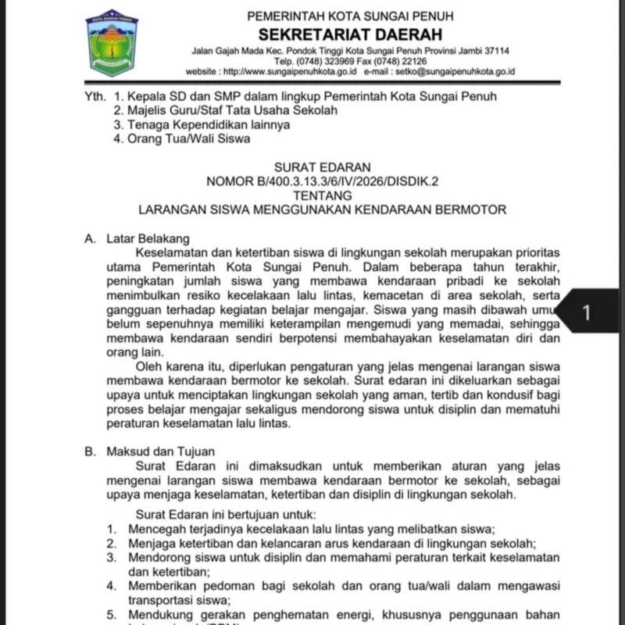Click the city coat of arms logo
(x=112, y=43)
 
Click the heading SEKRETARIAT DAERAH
(x=350, y=34)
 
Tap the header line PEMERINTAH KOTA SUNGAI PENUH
(x=350, y=16)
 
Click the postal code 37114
(x=495, y=51)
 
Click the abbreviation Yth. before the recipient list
(x=95, y=96)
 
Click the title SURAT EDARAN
(x=323, y=167)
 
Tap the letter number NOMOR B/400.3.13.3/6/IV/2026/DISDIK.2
(x=323, y=181)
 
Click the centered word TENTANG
(x=323, y=195)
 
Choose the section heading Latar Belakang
(x=148, y=239)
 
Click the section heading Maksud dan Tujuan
(x=159, y=451)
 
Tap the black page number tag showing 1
(x=587, y=312)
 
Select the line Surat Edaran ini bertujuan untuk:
(x=226, y=514)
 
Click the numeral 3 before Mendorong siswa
(x=112, y=557)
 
